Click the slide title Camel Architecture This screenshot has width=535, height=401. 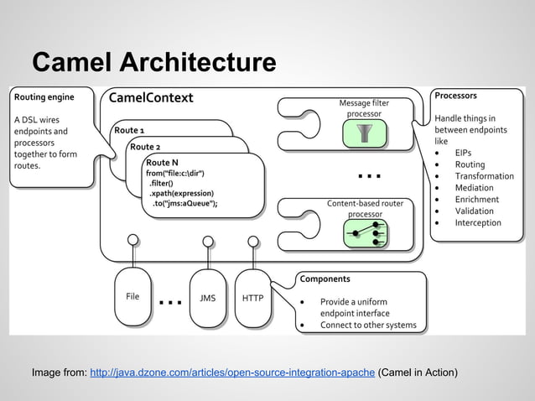point(153,62)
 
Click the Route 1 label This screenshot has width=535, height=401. point(129,131)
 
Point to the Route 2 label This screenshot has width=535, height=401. point(145,147)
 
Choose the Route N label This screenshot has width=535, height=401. point(162,162)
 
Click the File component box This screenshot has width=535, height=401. point(132,297)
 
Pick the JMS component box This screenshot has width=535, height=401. point(207,297)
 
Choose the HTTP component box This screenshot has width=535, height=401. point(252,297)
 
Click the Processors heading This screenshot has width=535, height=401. point(455,96)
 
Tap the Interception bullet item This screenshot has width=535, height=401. point(478,223)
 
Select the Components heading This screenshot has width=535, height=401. point(325,279)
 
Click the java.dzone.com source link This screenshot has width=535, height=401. point(231,372)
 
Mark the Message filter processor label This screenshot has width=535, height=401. point(364,108)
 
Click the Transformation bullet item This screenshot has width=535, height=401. point(484,176)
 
